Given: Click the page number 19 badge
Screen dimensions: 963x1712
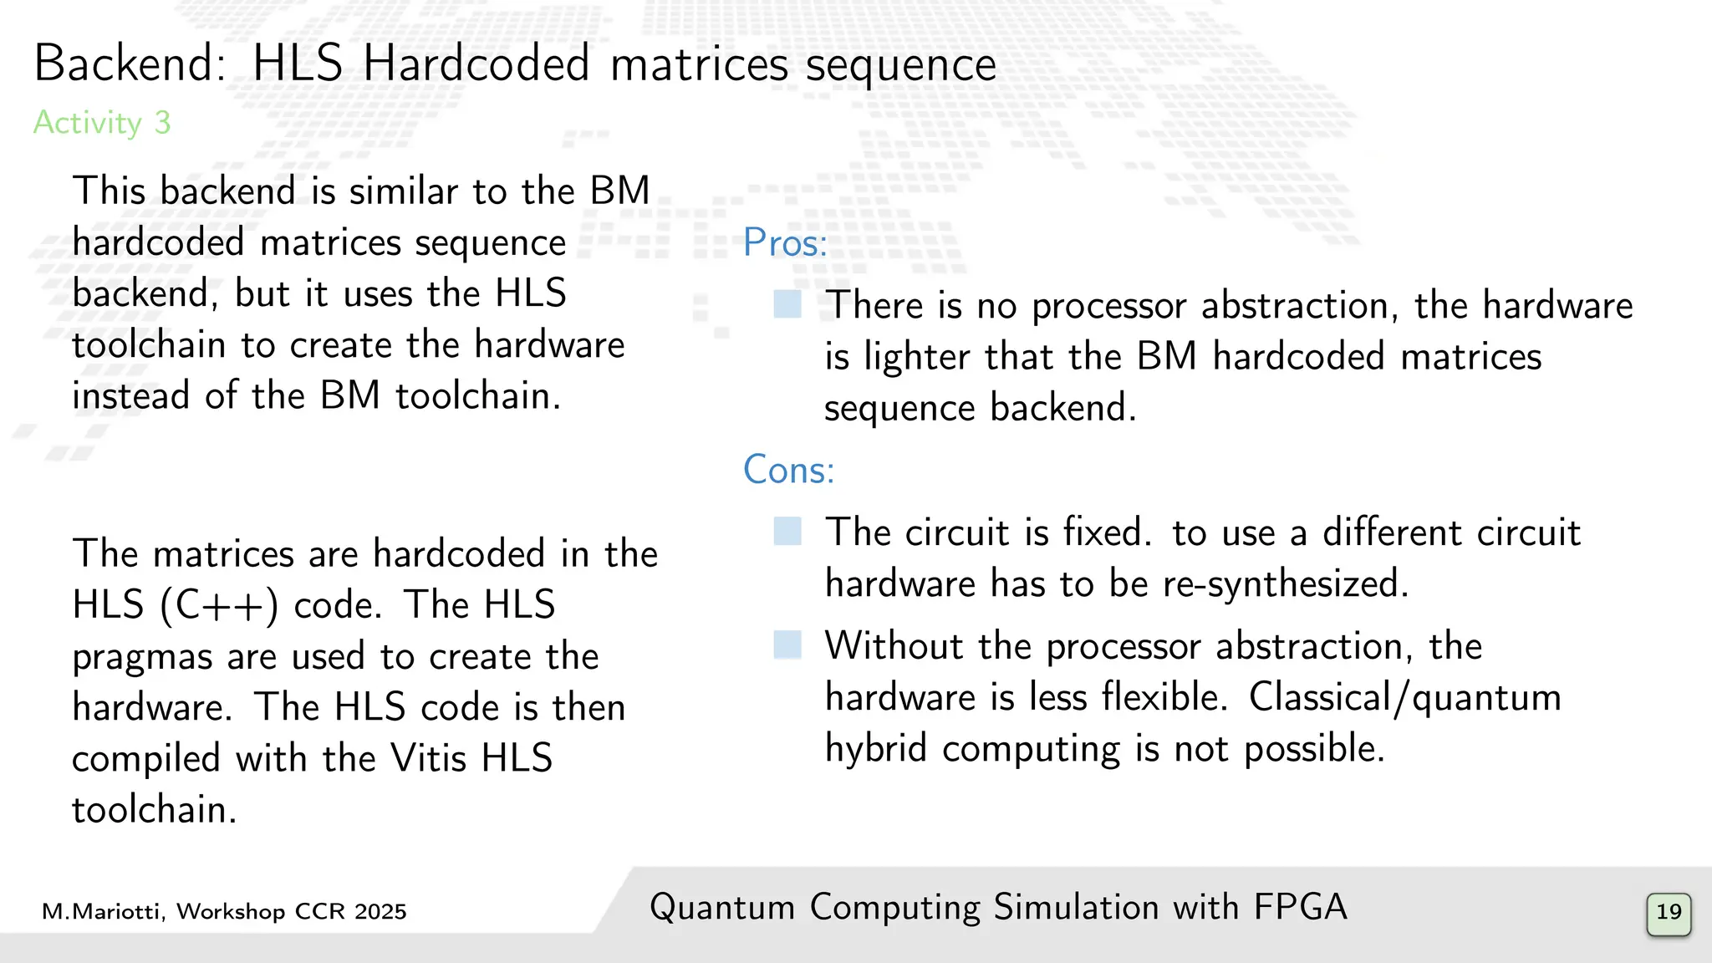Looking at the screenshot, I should point(1669,913).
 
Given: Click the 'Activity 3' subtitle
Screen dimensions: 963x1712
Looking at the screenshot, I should point(102,123).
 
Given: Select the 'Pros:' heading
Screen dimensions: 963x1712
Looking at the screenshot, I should point(785,243).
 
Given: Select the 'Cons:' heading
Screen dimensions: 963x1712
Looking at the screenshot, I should point(788,470).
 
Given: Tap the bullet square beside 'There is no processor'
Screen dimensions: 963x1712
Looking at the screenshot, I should point(787,304).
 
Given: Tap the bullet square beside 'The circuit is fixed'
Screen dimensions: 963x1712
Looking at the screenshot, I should point(787,532).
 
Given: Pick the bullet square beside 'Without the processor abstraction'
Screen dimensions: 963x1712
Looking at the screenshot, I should point(787,645).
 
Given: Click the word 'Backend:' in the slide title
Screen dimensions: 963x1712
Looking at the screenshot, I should point(130,64).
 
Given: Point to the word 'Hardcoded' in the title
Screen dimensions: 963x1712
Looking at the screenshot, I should point(476,64).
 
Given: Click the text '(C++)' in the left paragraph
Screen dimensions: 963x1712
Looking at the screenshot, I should point(219,606).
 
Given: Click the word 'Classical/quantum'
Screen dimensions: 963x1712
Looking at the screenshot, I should point(1404,697).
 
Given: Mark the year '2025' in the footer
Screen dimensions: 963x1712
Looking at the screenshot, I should point(380,912).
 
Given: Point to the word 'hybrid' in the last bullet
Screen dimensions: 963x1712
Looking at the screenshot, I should point(876,749).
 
